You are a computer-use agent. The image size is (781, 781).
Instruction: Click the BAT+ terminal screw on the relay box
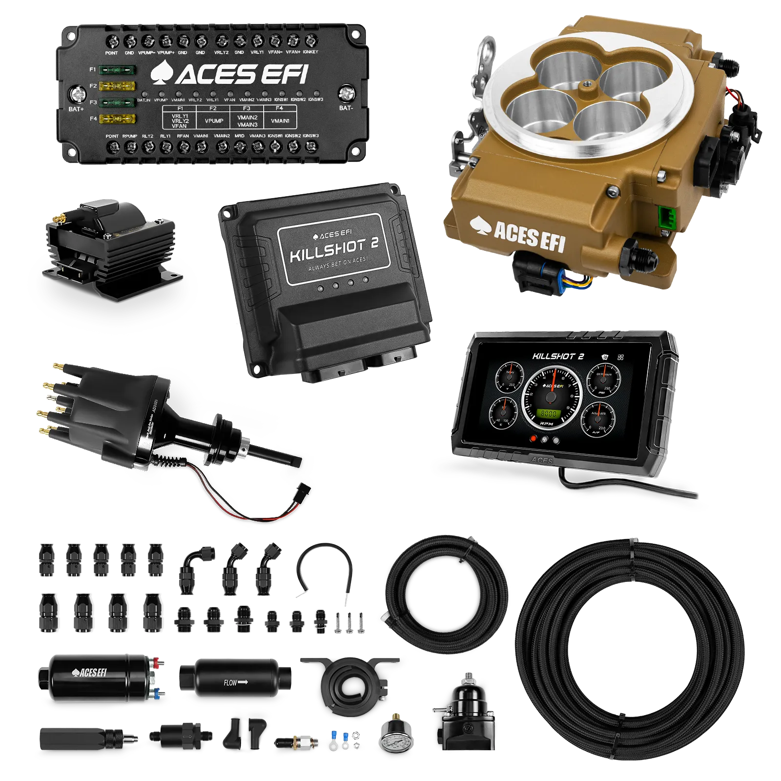click(x=77, y=94)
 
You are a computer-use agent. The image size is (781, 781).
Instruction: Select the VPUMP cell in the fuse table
click(x=214, y=121)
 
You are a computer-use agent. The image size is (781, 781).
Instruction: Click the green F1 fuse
click(x=117, y=70)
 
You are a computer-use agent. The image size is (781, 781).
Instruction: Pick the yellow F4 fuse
click(x=117, y=119)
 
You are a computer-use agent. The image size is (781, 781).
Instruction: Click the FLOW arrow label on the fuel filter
click(x=236, y=682)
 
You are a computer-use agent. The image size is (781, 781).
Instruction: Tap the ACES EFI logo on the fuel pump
click(x=89, y=673)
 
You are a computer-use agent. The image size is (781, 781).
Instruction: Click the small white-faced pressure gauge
click(x=395, y=743)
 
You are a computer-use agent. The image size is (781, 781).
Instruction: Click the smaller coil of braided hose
click(x=447, y=593)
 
